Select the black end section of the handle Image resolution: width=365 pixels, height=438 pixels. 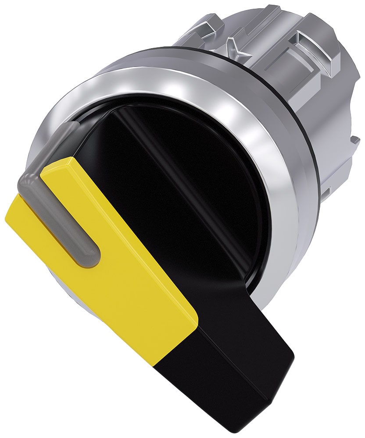pyautogui.click(x=246, y=368)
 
